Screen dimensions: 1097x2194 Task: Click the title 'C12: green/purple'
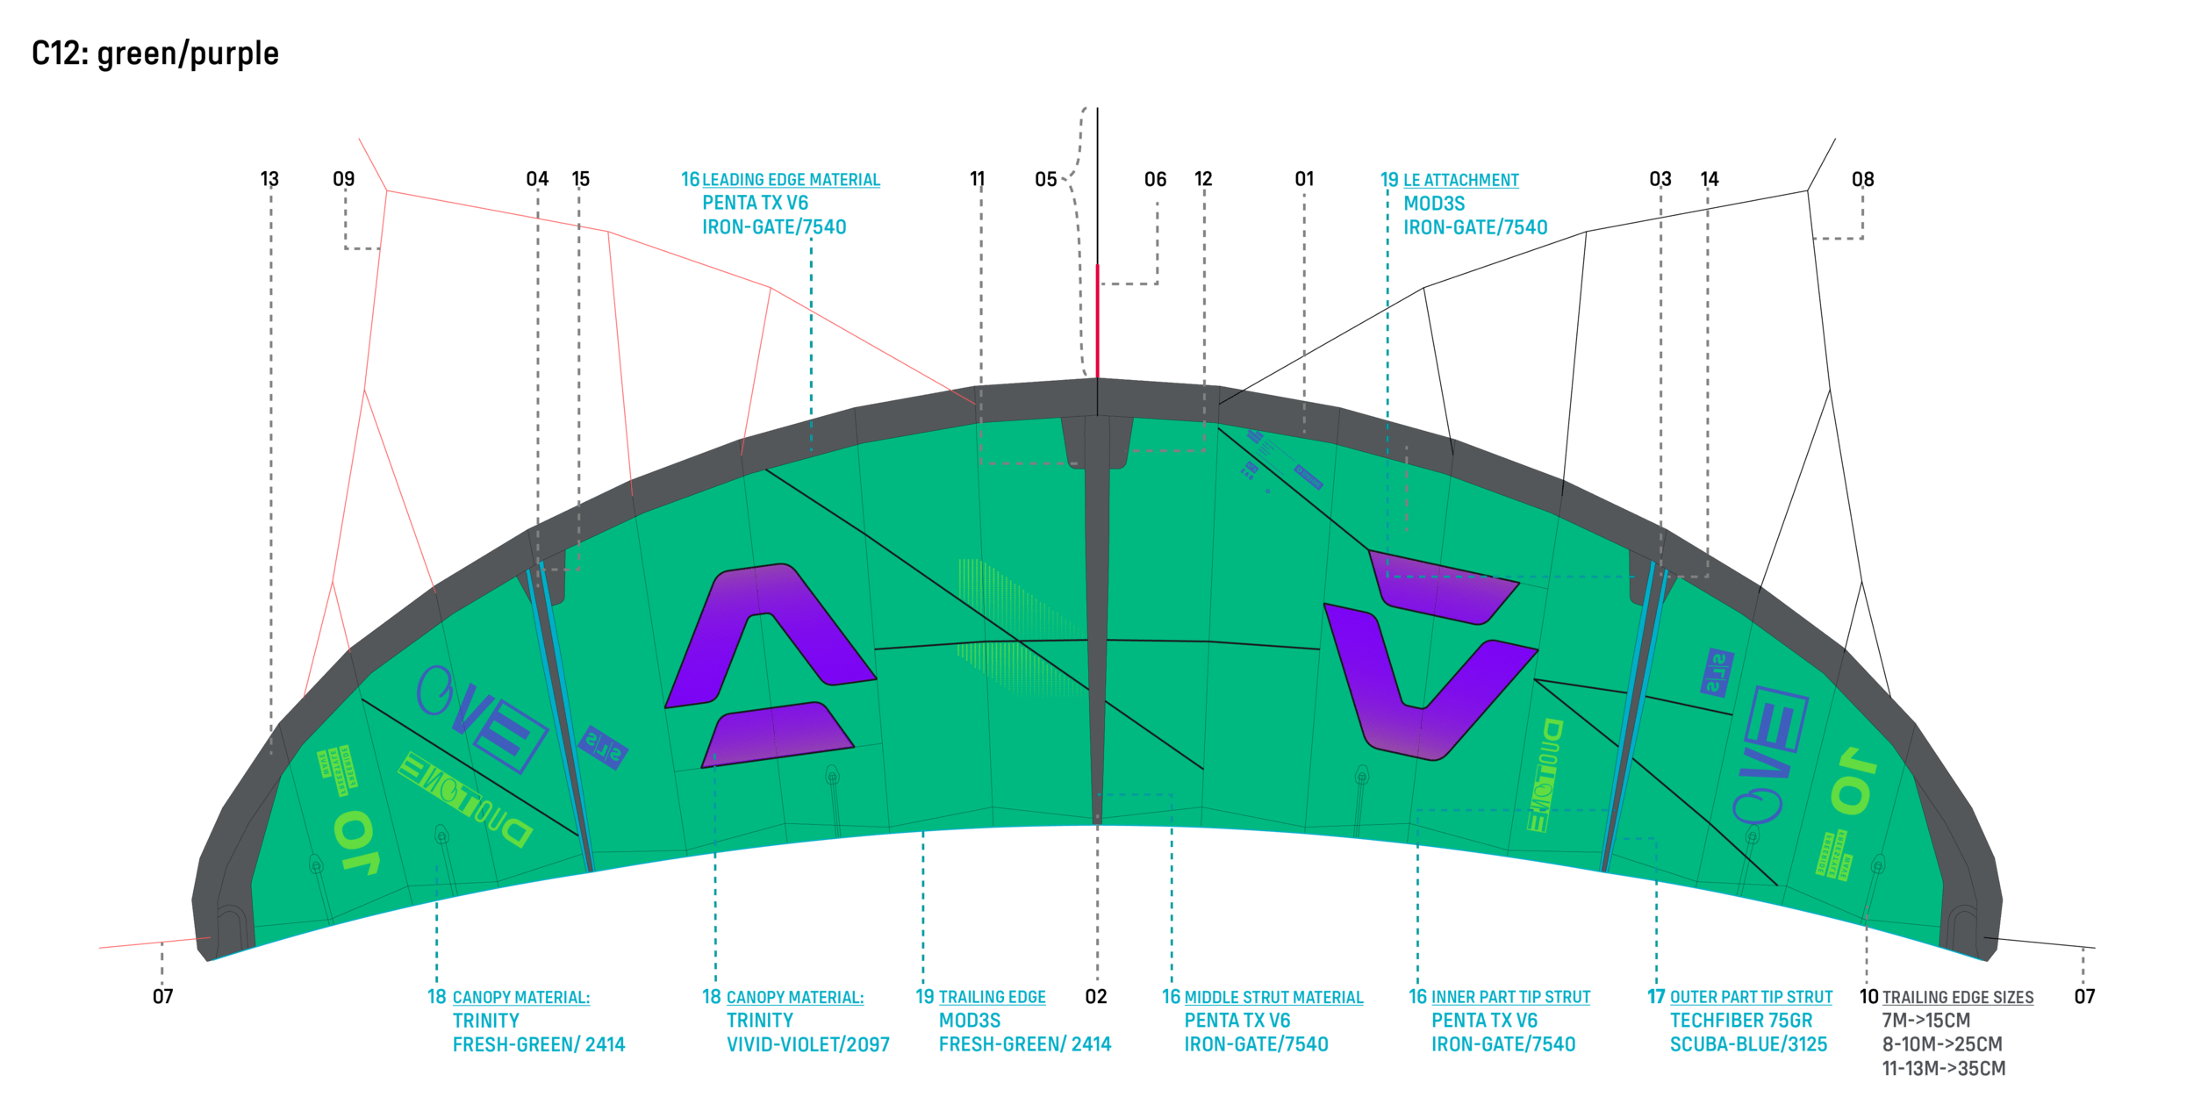154,54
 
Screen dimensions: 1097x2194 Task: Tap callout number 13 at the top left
269,179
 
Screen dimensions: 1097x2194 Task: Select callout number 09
344,179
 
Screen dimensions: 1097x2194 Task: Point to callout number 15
581,179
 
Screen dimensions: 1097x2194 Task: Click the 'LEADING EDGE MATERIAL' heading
791,180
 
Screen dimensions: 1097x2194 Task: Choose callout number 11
978,179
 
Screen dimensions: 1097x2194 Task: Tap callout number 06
1155,180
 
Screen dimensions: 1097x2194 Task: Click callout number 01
1304,179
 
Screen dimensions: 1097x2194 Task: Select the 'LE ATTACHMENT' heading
1460,181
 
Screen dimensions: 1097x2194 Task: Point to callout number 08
1862,180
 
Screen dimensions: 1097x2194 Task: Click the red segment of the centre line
1097,320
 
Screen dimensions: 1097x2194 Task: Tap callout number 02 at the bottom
1096,996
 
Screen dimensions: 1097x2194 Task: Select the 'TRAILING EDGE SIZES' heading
1957,998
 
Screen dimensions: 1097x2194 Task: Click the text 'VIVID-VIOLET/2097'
807,1044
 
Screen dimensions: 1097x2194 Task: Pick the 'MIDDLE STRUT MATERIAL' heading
1273,998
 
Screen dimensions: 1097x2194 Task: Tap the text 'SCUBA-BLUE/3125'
1748,1044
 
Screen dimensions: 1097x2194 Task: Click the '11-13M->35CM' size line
1943,1068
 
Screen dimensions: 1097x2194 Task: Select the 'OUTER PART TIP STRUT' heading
1751,998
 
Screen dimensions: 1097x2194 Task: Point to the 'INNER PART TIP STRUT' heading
1510,998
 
